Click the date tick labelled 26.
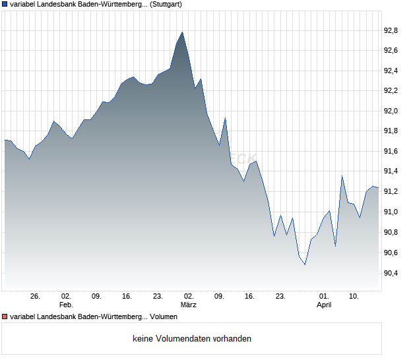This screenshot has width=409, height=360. [36, 297]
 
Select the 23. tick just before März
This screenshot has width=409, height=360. [158, 297]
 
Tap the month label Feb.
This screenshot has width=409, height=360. [66, 305]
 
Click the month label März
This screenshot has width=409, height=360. [189, 305]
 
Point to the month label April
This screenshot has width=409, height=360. [324, 305]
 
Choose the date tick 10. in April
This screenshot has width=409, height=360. [354, 297]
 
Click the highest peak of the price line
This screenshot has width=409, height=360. [183, 32]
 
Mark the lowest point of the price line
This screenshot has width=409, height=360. [305, 264]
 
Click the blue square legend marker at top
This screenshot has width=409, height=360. [5, 5]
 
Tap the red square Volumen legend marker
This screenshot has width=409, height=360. [5, 317]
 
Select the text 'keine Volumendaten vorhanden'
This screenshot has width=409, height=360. [192, 339]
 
